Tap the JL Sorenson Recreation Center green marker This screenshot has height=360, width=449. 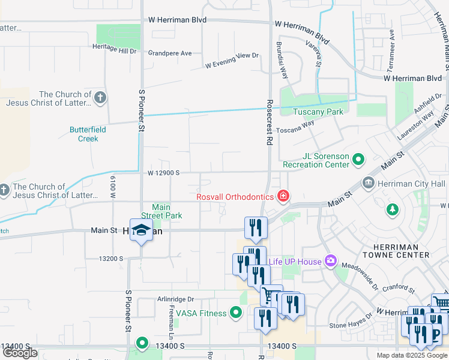tap(358, 160)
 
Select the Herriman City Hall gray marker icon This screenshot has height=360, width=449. tap(368, 182)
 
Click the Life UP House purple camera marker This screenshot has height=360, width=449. tap(330, 260)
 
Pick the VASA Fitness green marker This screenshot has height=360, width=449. tap(236, 313)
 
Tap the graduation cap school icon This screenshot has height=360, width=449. tap(141, 231)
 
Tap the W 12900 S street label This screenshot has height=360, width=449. tap(164, 173)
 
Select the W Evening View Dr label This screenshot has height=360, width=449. tap(231, 59)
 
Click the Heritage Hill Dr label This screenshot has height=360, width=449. tap(114, 50)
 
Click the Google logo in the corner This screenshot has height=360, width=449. tap(20, 353)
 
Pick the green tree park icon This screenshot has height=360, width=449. tap(392, 209)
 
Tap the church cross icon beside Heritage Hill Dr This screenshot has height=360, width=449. tap(100, 97)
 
